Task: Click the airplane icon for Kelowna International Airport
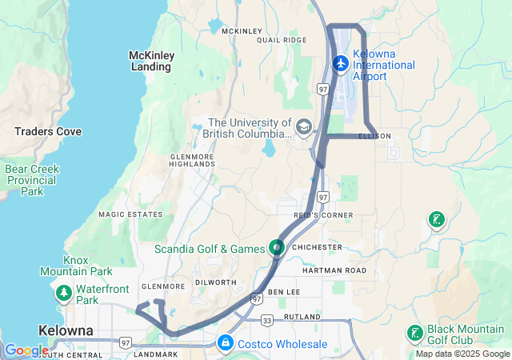coord(341,62)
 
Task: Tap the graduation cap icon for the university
coord(304,126)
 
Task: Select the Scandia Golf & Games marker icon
coord(277,248)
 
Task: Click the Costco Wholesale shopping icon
coord(226,343)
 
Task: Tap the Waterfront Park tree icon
coord(64,294)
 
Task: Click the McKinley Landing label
coord(150,61)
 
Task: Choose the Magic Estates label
coord(130,214)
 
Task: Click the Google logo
coord(26,350)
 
